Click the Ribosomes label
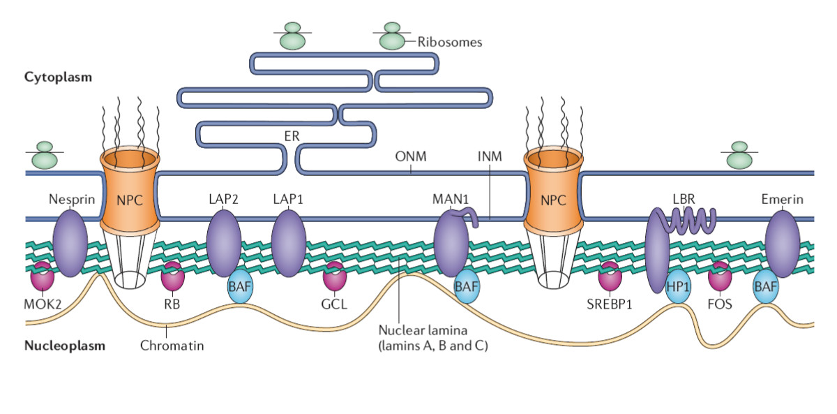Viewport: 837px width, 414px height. (449, 42)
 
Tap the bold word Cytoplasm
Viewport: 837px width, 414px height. (58, 77)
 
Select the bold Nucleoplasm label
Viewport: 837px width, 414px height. (65, 345)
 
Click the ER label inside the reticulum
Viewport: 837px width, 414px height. (292, 136)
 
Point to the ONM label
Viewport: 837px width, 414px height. (411, 156)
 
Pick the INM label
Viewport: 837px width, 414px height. (490, 156)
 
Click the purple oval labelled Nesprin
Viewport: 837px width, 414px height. (70, 243)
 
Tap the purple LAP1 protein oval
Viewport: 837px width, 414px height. (289, 243)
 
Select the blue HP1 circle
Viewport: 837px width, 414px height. (678, 286)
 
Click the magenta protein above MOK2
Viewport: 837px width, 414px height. (43, 276)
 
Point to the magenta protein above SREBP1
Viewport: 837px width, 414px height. (610, 276)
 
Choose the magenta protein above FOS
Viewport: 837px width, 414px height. (720, 276)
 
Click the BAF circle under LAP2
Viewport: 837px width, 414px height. (240, 286)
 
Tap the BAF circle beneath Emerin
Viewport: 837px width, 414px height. (765, 286)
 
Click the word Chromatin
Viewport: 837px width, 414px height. (172, 346)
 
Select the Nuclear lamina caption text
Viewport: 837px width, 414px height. (433, 338)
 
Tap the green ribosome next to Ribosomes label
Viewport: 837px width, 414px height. (392, 36)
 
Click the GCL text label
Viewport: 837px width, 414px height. (334, 304)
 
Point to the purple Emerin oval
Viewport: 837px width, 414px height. (783, 243)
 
